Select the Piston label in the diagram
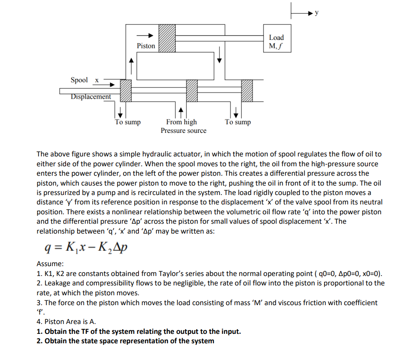(146, 46)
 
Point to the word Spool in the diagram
(79, 80)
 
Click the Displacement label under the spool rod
(91, 97)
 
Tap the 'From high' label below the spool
(181, 122)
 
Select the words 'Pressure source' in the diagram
(183, 131)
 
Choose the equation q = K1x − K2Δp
(86, 247)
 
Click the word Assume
(50, 264)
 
